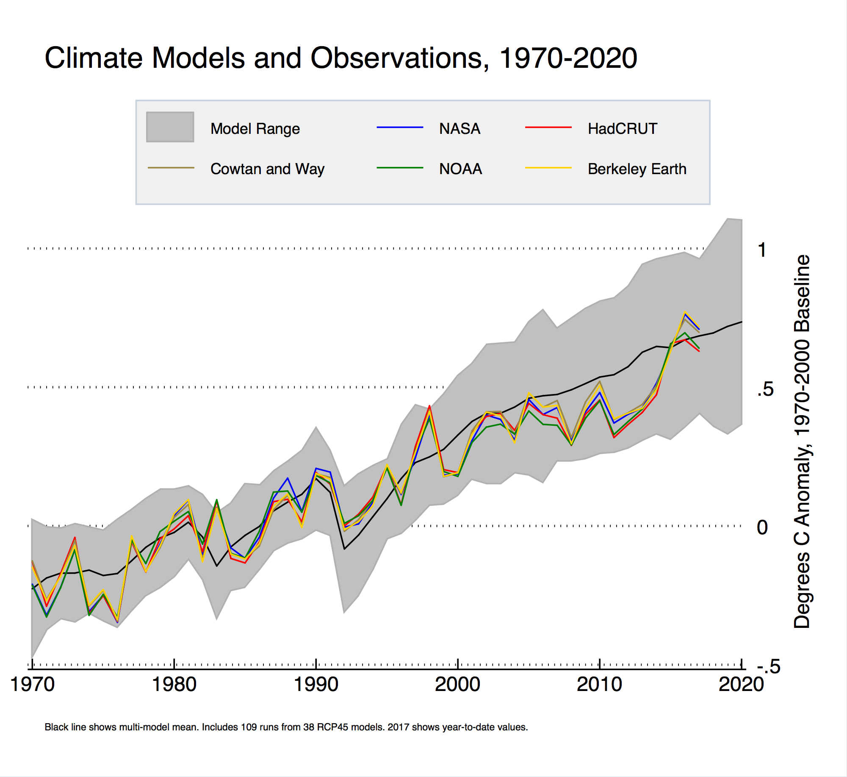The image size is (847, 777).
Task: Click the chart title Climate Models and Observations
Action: point(340,58)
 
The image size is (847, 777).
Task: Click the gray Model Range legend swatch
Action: point(170,127)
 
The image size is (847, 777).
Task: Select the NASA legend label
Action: point(459,128)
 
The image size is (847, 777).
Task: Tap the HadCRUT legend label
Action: point(622,128)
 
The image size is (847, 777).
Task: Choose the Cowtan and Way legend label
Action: point(267,169)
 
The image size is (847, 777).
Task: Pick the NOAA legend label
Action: point(460,169)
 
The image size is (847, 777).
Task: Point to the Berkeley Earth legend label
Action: point(637,169)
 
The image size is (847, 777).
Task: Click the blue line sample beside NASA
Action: point(400,127)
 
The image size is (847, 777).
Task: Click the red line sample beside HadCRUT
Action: point(548,127)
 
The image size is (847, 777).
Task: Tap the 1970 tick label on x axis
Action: point(33,684)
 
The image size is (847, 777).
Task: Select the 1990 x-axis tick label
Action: point(316,684)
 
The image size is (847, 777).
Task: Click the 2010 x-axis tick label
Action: point(599,684)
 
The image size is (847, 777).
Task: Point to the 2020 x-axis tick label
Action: point(741,684)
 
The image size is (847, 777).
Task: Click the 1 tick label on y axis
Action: point(762,250)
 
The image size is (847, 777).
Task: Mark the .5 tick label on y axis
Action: point(765,389)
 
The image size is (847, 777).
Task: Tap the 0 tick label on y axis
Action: point(762,527)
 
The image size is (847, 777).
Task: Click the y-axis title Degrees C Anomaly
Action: point(801,441)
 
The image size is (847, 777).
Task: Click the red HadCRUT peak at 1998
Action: point(429,406)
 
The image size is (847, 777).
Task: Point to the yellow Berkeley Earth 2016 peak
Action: point(685,312)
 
